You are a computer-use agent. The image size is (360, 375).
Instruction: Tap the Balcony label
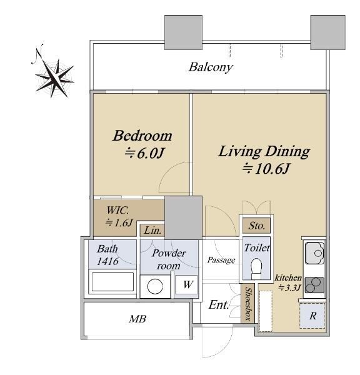click(211, 67)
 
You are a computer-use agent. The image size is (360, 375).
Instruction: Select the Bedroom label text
click(142, 136)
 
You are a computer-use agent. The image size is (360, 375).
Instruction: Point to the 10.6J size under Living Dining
click(266, 169)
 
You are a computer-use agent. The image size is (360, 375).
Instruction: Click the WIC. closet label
click(117, 211)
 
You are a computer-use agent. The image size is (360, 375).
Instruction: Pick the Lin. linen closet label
click(152, 231)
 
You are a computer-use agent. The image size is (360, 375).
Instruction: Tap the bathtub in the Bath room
click(112, 281)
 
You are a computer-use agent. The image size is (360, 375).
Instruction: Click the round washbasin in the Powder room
click(155, 286)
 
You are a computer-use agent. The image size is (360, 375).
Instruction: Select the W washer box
click(187, 284)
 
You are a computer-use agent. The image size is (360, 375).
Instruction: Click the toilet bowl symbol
click(257, 268)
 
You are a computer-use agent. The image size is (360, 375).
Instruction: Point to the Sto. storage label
click(257, 226)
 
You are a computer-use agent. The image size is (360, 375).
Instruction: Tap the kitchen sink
click(314, 253)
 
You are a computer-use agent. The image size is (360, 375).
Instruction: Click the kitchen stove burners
click(314, 285)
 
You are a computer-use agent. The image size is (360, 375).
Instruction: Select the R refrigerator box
click(312, 316)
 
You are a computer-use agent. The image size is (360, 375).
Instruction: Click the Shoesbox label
click(248, 304)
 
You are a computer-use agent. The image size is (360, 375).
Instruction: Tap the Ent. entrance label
click(219, 305)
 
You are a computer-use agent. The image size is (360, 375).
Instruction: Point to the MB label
click(137, 319)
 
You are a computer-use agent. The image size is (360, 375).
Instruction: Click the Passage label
click(221, 260)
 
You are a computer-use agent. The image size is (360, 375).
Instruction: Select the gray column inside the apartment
click(184, 217)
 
